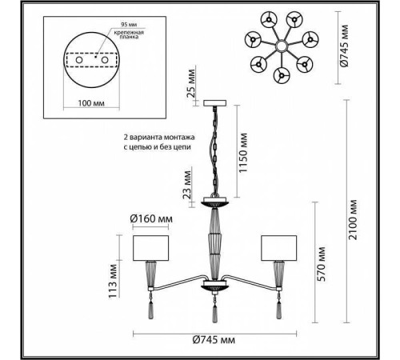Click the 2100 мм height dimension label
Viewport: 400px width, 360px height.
tap(353, 220)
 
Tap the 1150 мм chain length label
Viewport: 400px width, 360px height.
tap(243, 153)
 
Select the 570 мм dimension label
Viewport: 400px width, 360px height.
tap(321, 264)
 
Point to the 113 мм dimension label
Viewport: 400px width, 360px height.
tap(113, 282)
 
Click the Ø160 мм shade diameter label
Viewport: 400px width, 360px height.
tap(151, 219)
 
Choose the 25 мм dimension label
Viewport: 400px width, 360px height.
tap(191, 83)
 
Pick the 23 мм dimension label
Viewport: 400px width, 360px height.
tap(187, 185)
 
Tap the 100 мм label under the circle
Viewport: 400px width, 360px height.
tap(91, 103)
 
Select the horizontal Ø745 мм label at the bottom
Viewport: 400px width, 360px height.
tap(214, 340)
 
